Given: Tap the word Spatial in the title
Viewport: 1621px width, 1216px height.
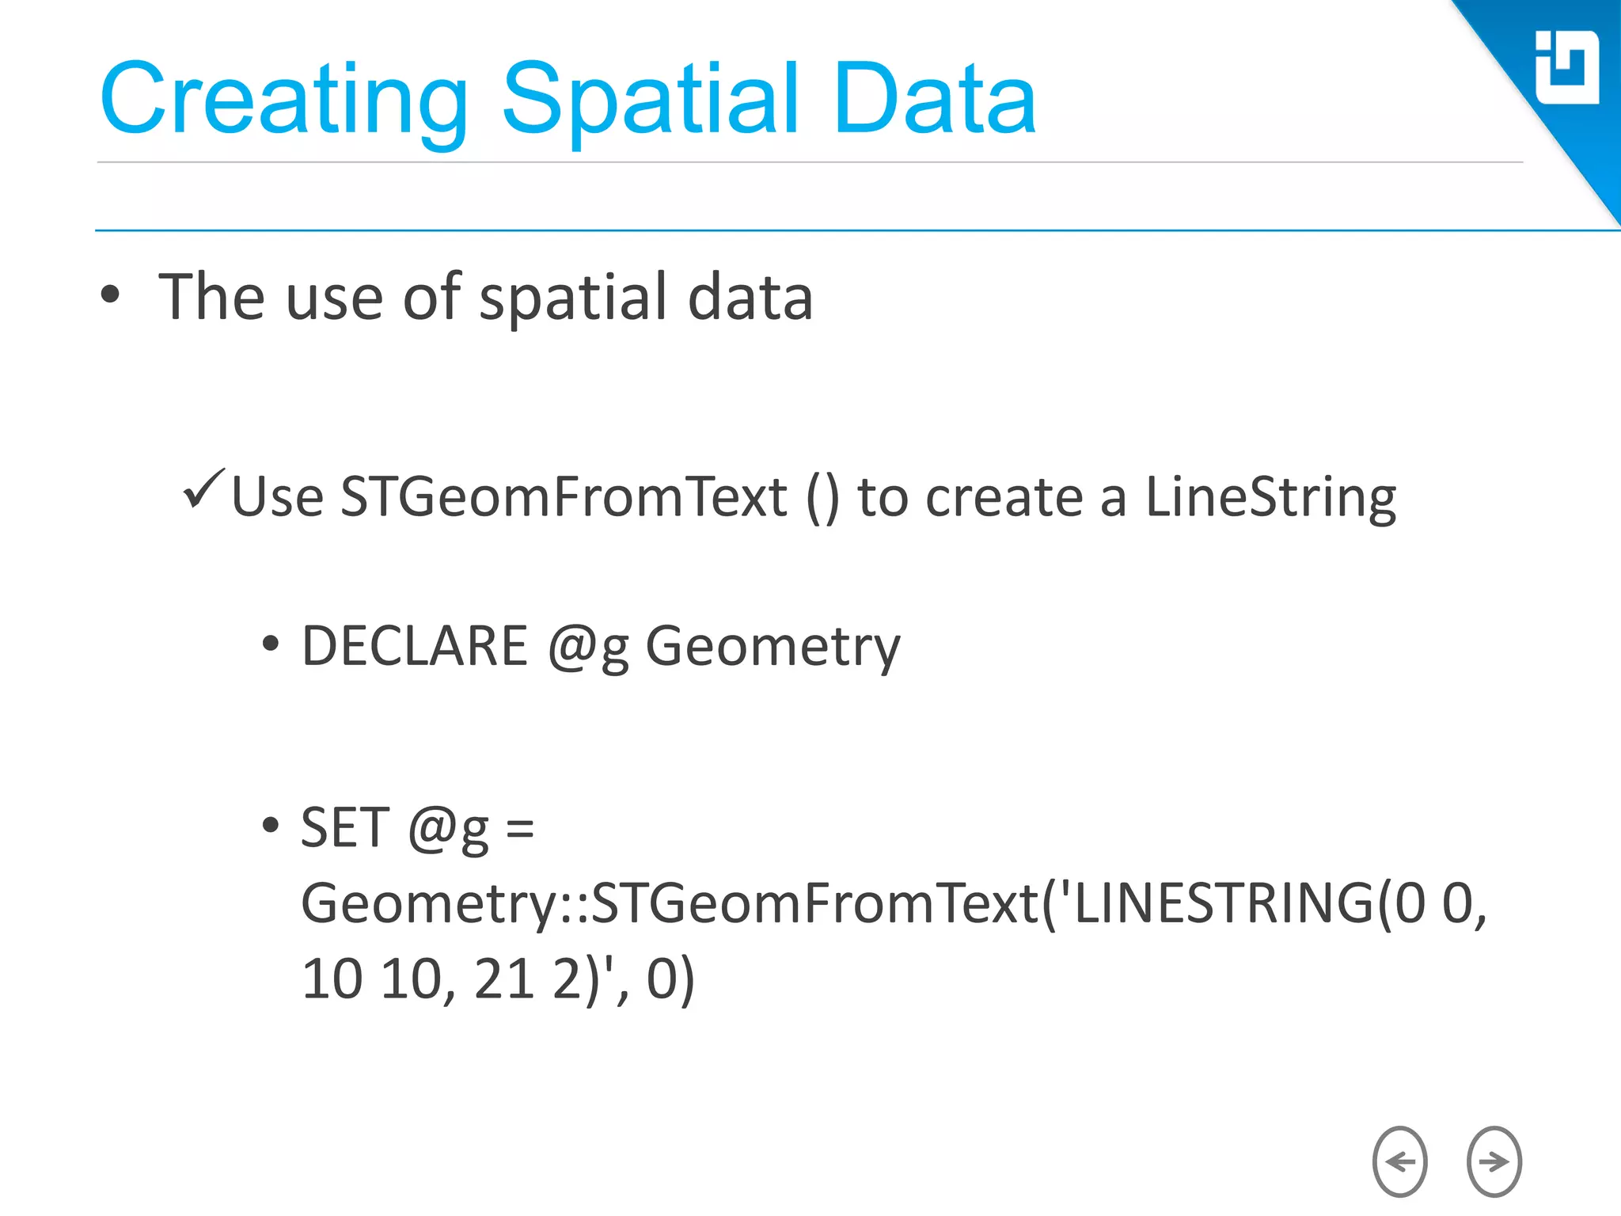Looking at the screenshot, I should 651,101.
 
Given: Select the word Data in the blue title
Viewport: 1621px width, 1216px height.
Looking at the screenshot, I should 934,101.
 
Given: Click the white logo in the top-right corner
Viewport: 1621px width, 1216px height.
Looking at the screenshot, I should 1566,68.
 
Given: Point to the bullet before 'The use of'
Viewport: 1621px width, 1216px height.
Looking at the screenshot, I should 111,295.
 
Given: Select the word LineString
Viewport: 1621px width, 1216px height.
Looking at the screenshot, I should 1270,498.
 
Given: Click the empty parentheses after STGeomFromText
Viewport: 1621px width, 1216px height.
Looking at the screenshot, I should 822,499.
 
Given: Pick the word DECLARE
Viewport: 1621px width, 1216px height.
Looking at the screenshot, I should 415,646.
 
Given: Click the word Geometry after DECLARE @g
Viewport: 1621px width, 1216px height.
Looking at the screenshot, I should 773,648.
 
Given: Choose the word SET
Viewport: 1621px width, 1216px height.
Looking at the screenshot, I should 345,827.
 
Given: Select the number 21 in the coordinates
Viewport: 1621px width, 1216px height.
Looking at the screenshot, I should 503,979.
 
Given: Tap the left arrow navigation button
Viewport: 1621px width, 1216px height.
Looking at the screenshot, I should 1399,1161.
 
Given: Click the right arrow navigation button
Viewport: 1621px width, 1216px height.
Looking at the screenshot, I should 1494,1161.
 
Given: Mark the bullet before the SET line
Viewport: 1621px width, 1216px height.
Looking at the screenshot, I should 271,826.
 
